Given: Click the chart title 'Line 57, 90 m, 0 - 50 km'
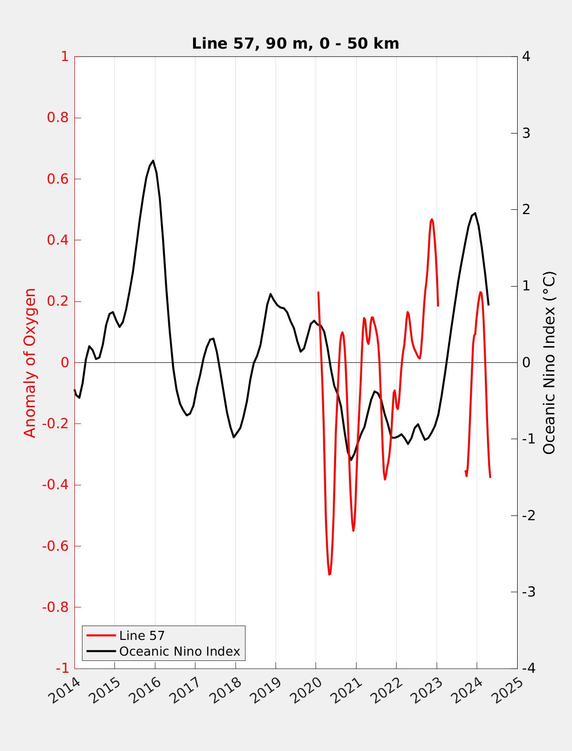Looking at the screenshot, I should click(295, 44).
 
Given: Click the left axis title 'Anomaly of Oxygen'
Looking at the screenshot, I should click(30, 362).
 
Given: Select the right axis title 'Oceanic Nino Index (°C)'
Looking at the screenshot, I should click(549, 362).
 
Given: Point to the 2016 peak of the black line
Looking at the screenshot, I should click(153, 161).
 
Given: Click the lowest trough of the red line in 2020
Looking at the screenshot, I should click(329, 575).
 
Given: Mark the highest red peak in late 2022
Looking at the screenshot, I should click(432, 219).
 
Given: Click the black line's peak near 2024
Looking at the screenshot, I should click(475, 213).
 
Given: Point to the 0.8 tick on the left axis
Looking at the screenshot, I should click(58, 118).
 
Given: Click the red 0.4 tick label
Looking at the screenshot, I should click(58, 240).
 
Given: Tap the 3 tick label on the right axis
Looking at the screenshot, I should click(526, 133).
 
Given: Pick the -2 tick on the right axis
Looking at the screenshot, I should click(528, 515).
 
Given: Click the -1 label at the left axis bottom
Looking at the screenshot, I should click(62, 669).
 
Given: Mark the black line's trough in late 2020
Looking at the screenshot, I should click(351, 460).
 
